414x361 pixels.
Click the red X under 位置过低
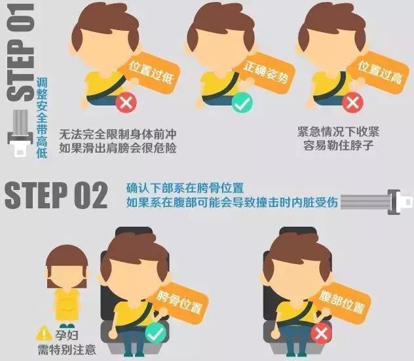tap(126, 103)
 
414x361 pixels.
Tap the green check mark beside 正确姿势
tap(242, 103)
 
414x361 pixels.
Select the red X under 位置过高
tap(352, 103)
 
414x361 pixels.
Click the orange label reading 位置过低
tap(149, 71)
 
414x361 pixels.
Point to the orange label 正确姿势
tap(264, 71)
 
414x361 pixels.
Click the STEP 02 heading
tap(56, 196)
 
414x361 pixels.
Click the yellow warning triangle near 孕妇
tap(44, 333)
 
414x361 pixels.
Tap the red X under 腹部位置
tap(322, 333)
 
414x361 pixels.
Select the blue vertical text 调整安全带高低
tap(42, 118)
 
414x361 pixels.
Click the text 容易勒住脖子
tap(338, 145)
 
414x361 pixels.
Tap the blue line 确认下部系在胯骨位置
tap(185, 189)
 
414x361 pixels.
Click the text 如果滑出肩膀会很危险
tap(118, 147)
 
